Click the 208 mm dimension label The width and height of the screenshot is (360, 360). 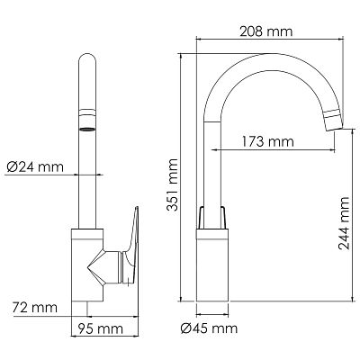265,31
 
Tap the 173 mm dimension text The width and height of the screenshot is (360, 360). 267,141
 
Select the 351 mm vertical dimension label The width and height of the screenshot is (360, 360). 173,185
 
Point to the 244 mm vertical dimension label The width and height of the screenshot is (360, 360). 344,223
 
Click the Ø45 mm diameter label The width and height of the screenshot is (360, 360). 209,328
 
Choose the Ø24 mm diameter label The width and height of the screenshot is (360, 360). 35,166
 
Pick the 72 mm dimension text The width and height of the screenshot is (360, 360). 35,308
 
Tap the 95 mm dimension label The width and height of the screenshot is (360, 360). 101,328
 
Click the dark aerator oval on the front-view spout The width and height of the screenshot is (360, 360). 87,130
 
